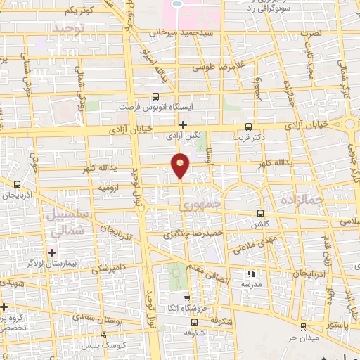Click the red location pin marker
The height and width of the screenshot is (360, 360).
pyautogui.click(x=181, y=165)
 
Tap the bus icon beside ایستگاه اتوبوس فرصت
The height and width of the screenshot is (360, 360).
pyautogui.click(x=155, y=98)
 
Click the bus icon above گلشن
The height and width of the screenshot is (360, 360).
pyautogui.click(x=261, y=212)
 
